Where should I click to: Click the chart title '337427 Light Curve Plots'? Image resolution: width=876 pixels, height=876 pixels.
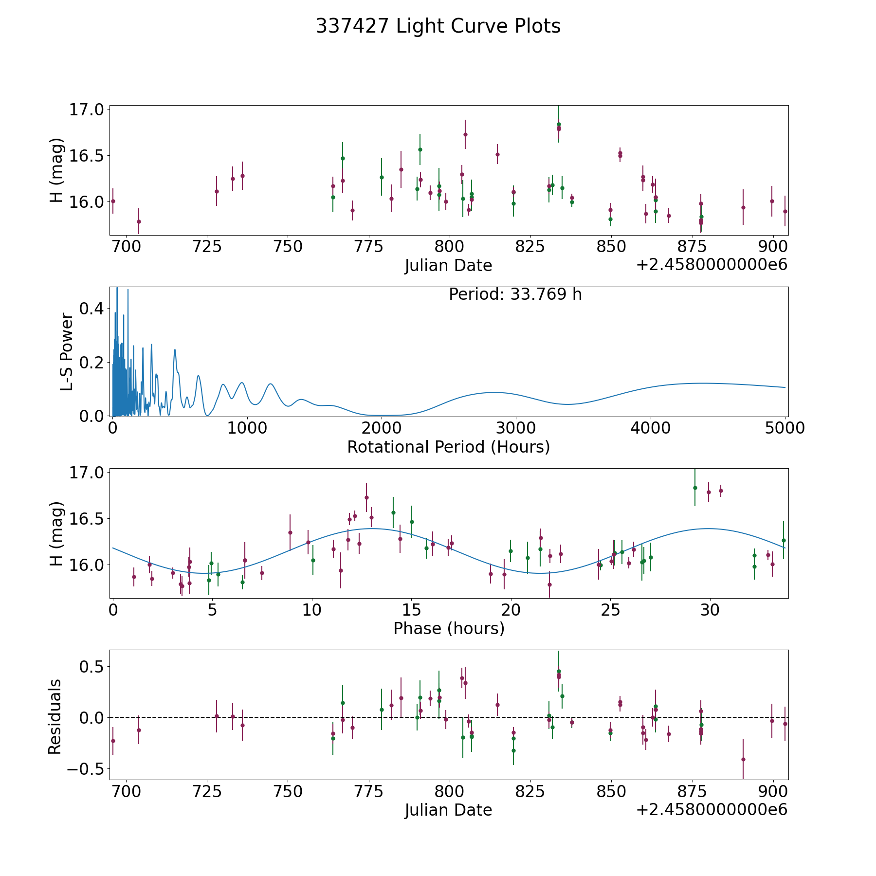point(438,26)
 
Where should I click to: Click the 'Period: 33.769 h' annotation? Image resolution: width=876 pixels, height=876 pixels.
point(515,294)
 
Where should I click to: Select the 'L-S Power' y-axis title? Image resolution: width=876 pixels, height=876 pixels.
point(67,352)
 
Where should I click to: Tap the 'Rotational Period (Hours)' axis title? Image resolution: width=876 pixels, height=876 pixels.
point(448,447)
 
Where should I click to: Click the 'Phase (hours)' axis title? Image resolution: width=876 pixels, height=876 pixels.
point(449,628)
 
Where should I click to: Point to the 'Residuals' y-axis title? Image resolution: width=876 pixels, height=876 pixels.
point(55,716)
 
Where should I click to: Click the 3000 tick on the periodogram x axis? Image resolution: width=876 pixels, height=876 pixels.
point(515,428)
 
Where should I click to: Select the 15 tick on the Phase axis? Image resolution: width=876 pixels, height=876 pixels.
point(411,610)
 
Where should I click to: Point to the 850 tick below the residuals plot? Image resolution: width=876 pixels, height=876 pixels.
point(611,792)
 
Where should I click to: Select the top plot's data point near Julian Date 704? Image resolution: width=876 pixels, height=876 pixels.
point(139,221)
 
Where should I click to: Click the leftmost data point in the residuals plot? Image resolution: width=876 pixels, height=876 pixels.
point(113,741)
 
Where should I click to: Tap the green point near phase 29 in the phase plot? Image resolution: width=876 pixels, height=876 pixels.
point(695,488)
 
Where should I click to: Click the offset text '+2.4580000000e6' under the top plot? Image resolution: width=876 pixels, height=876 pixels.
point(712,265)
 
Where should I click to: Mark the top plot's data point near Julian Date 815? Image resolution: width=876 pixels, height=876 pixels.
point(497,154)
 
